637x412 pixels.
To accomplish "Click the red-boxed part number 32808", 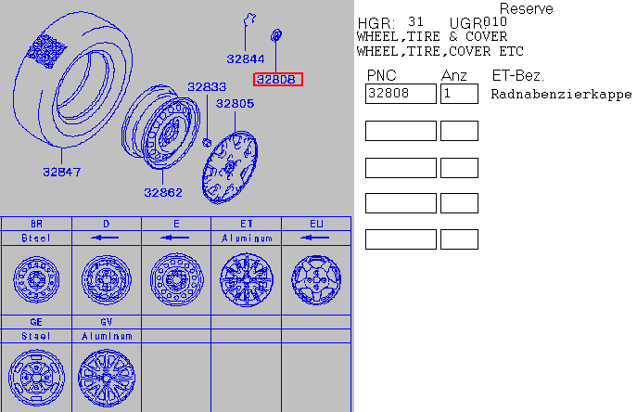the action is pyautogui.click(x=278, y=79).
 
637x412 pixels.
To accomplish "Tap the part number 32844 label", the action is pyautogui.click(x=246, y=59).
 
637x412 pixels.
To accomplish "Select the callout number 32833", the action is pyautogui.click(x=207, y=86).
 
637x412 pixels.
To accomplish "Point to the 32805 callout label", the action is pyautogui.click(x=235, y=104).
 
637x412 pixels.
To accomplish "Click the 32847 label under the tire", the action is pyautogui.click(x=62, y=172).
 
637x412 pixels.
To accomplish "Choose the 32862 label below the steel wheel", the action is pyautogui.click(x=163, y=193).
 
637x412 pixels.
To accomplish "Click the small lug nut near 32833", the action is pyautogui.click(x=207, y=142).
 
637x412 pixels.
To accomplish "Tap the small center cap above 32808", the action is pyautogui.click(x=276, y=35).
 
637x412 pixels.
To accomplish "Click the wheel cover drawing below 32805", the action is pyautogui.click(x=230, y=167).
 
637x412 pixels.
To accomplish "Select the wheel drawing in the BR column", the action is pyautogui.click(x=36, y=279).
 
